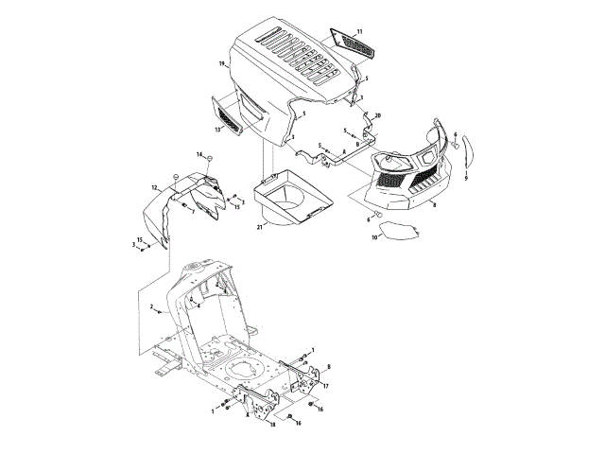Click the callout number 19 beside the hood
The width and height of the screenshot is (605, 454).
coord(220,63)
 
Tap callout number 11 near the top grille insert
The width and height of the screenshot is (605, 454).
coord(359,33)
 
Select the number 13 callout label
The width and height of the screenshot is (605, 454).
coord(216,129)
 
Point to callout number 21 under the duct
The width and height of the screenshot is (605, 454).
coord(259,228)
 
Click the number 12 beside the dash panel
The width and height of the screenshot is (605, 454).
coord(154,189)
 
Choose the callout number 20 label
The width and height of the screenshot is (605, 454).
coord(377,115)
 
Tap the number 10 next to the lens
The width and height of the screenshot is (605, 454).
coord(373,237)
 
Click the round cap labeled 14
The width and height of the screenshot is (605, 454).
coord(175,178)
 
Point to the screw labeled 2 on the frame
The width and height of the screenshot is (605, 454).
coord(163,310)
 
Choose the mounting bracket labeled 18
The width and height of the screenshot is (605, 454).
coord(256,402)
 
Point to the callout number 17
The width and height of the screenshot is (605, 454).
coord(325,386)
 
